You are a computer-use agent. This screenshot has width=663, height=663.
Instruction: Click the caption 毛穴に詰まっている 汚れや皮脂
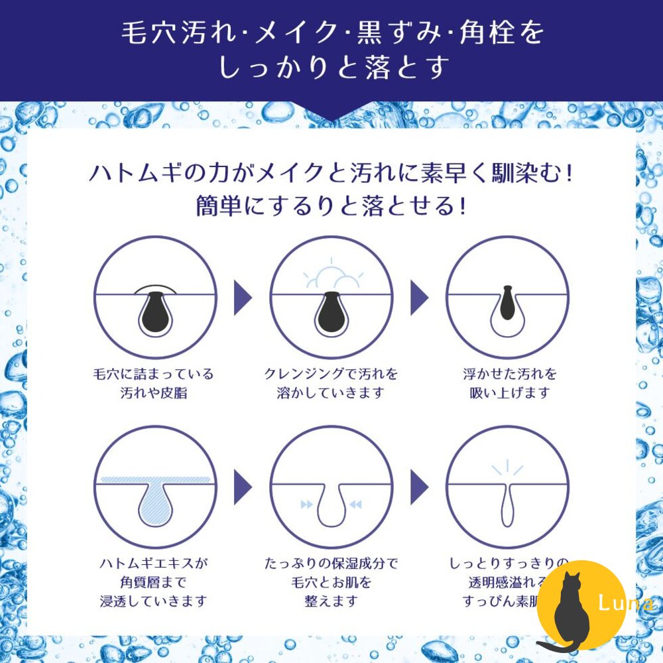point(154,383)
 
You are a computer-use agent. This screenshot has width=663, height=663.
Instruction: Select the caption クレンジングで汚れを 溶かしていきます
point(330,383)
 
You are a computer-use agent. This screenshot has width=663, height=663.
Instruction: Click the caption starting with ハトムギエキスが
point(154,582)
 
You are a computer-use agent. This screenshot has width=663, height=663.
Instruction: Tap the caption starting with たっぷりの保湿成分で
point(330,582)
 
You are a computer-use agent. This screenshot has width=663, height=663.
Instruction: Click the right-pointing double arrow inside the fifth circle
point(306,505)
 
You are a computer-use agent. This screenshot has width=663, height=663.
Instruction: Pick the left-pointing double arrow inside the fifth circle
point(356,505)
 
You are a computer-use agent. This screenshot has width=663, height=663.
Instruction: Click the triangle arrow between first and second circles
point(243,298)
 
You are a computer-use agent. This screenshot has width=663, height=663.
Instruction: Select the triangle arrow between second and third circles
point(419,298)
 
